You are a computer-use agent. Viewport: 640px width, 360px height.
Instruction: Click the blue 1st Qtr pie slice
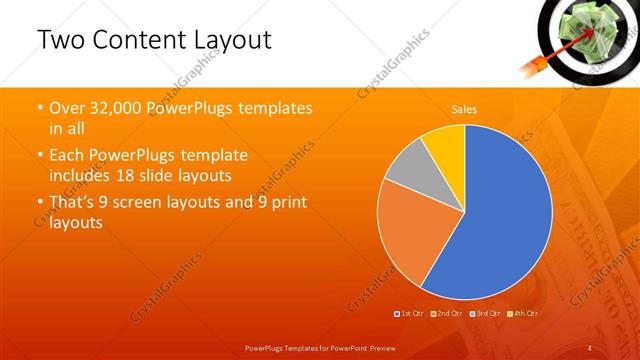point(500,220)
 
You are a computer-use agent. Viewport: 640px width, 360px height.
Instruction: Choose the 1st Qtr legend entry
point(409,313)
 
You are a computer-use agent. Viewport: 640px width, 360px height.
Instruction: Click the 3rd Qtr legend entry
point(483,313)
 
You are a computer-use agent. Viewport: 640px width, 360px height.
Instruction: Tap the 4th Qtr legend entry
point(521,313)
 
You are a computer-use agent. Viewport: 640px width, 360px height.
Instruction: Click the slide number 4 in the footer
point(590,347)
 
